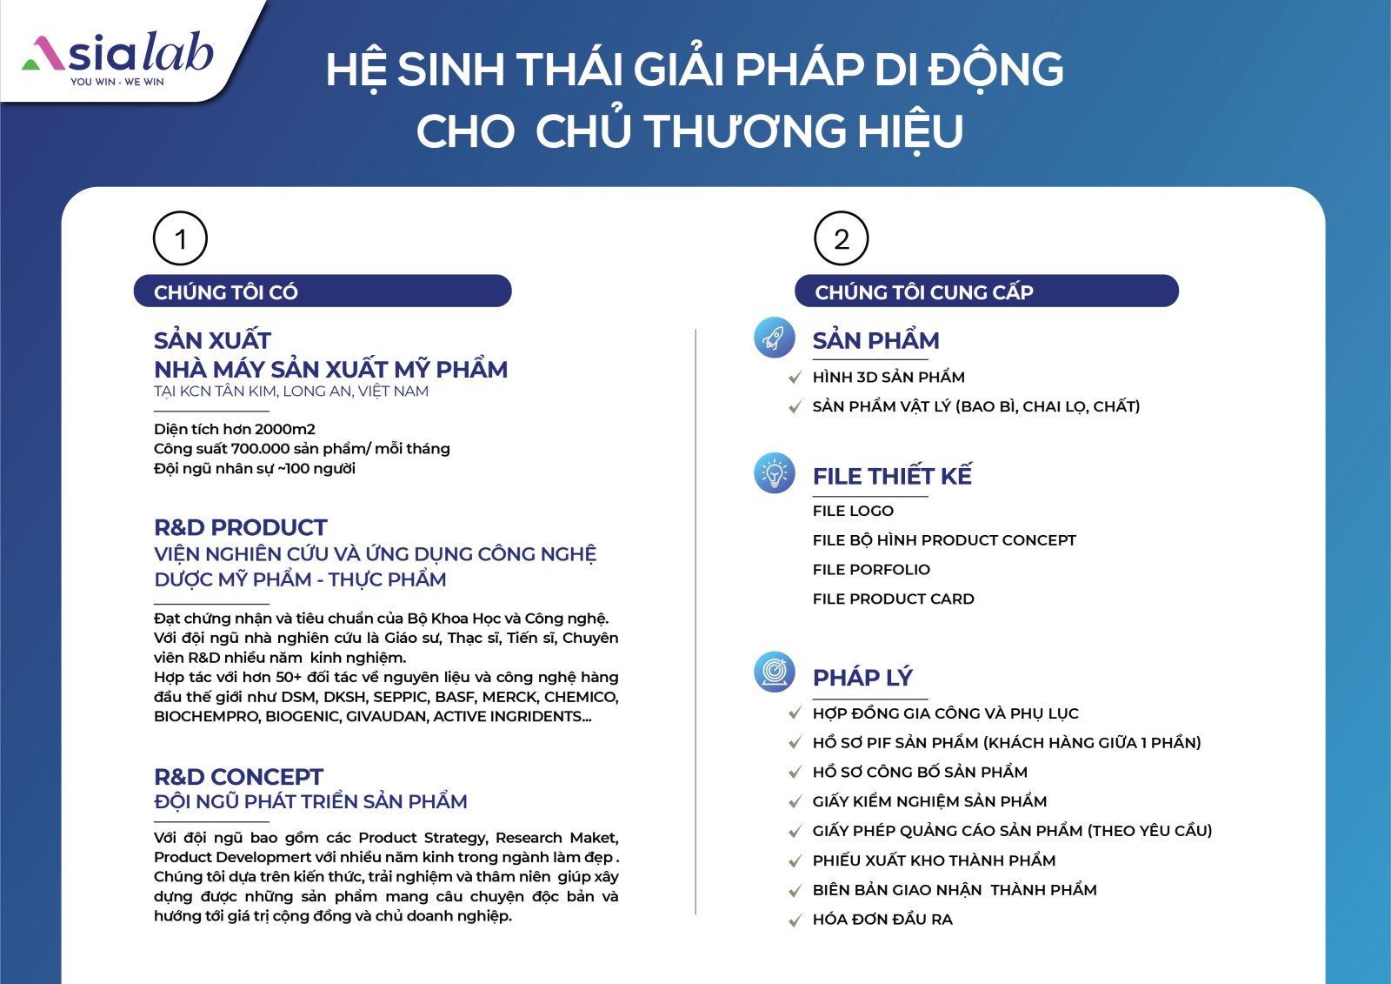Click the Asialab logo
[x=117, y=57]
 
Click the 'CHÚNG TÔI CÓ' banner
[x=323, y=291]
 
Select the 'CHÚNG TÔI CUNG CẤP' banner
[x=987, y=291]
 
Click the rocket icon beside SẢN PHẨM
[x=775, y=338]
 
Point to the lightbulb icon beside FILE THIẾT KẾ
[x=775, y=473]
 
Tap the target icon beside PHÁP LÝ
[x=775, y=672]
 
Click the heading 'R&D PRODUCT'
[x=240, y=528]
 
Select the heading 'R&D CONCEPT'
[x=238, y=777]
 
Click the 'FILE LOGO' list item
[x=853, y=511]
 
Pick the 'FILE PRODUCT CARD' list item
[x=893, y=599]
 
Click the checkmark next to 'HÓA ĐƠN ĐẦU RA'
[x=795, y=920]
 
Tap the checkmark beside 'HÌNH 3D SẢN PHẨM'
[x=795, y=378]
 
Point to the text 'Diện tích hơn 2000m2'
[x=235, y=429]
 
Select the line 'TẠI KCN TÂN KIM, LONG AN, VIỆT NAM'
[x=291, y=391]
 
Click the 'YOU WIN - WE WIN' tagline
[x=117, y=82]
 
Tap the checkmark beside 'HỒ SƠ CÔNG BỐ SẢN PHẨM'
[x=795, y=773]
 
